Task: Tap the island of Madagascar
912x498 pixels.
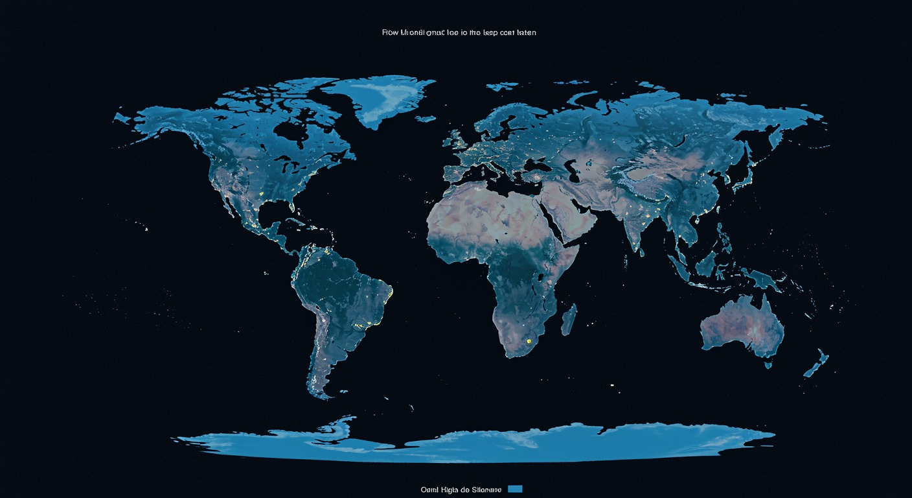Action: coord(568,320)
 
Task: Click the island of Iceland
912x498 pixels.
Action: coord(426,119)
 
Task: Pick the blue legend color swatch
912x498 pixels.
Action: coord(516,488)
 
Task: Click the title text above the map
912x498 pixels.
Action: coord(459,32)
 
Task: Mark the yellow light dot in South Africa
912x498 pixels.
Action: coord(529,340)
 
